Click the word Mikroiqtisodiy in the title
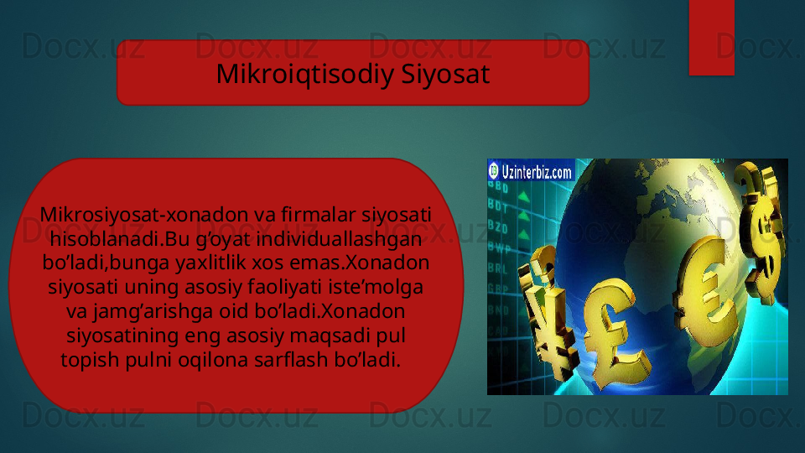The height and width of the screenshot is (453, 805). pos(305,74)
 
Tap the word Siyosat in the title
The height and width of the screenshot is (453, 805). pos(445,74)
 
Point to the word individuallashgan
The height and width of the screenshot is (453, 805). pos(339,239)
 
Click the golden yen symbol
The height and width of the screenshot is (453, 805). pos(548,313)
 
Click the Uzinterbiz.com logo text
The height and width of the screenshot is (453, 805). pos(537,171)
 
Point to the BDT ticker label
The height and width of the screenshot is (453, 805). pos(498,206)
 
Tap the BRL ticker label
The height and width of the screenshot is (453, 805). pos(497,268)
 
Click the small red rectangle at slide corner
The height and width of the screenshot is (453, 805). pos(712,38)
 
